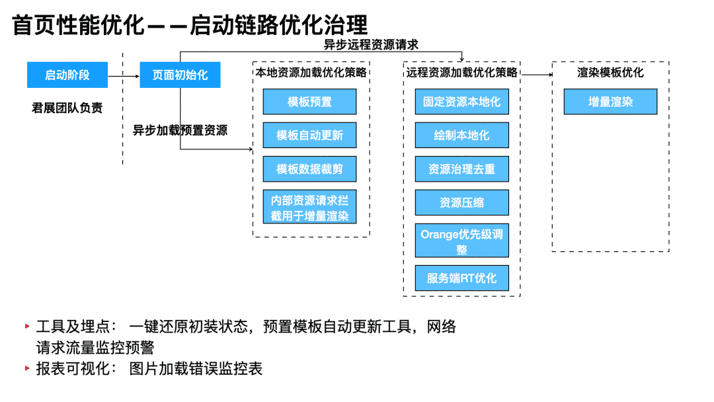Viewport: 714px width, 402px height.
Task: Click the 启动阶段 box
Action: click(67, 75)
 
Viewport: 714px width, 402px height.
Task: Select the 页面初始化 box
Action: click(180, 75)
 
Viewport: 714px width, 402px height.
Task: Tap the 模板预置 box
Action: click(309, 102)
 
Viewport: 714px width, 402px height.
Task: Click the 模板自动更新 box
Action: click(309, 136)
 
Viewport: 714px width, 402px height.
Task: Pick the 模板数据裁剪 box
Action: click(309, 169)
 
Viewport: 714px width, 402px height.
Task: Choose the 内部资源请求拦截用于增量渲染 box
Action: click(309, 208)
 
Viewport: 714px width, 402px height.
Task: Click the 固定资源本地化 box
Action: click(461, 102)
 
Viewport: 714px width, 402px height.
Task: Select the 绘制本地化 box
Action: click(461, 136)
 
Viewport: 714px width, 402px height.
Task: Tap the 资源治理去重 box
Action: click(461, 169)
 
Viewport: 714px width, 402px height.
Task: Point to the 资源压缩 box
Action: click(461, 202)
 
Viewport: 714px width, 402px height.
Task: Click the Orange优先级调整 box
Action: click(461, 241)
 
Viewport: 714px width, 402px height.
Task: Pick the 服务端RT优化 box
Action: click(461, 278)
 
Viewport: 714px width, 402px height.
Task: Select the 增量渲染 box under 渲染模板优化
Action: click(610, 102)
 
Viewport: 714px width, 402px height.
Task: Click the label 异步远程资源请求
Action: click(371, 45)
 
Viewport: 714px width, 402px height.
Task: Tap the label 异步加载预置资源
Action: click(180, 130)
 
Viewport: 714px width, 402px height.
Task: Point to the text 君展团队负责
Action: click(67, 108)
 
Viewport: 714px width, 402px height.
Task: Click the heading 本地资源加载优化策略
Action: click(311, 72)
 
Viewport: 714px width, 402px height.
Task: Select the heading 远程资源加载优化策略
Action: click(461, 72)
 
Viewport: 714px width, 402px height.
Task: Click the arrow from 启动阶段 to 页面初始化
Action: click(124, 75)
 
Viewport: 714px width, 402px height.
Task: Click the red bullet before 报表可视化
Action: click(27, 368)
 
